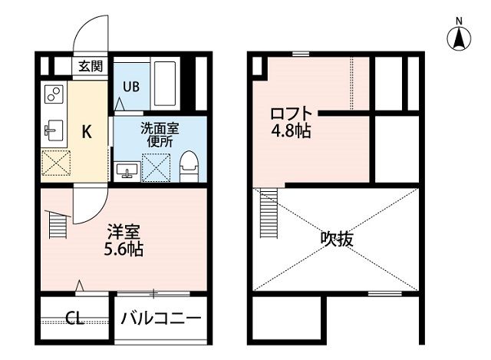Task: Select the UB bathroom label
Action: click(127, 86)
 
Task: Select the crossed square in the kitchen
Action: click(55, 163)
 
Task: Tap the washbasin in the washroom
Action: click(128, 168)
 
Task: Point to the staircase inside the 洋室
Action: click(58, 226)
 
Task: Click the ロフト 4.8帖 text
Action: click(290, 122)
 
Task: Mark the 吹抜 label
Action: click(337, 239)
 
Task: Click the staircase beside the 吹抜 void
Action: click(268, 214)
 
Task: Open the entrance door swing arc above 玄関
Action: click(90, 35)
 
